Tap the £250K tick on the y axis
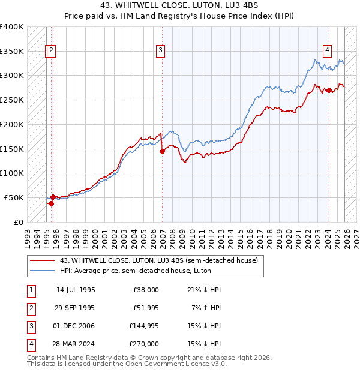pos(12,100)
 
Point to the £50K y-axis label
pos(14,197)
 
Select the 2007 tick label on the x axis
pos(163,235)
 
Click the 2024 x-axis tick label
pos(329,235)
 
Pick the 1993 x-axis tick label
pos(26,235)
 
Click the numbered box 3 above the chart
pos(161,51)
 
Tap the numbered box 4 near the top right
pos(328,51)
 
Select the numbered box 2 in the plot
pos(52,51)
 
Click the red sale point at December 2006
pos(162,151)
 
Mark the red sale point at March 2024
pos(329,90)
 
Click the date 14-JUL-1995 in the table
pos(76,290)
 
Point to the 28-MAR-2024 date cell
pos(76,344)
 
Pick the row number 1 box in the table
pos(29,290)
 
